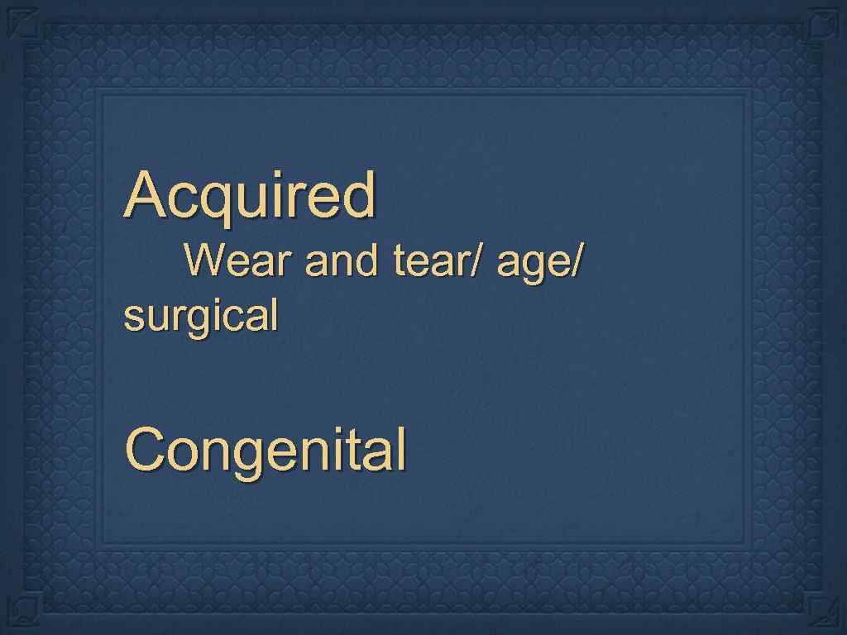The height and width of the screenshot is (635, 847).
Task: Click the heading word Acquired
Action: click(x=250, y=195)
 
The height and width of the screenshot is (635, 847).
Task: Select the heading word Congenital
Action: click(x=266, y=451)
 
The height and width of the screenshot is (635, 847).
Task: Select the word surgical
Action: click(x=200, y=316)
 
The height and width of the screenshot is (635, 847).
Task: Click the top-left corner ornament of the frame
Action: click(x=23, y=22)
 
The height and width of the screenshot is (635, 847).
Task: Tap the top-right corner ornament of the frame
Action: click(x=823, y=22)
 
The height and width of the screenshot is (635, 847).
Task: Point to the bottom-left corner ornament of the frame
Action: click(x=23, y=611)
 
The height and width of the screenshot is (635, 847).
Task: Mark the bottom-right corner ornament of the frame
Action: click(x=823, y=611)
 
